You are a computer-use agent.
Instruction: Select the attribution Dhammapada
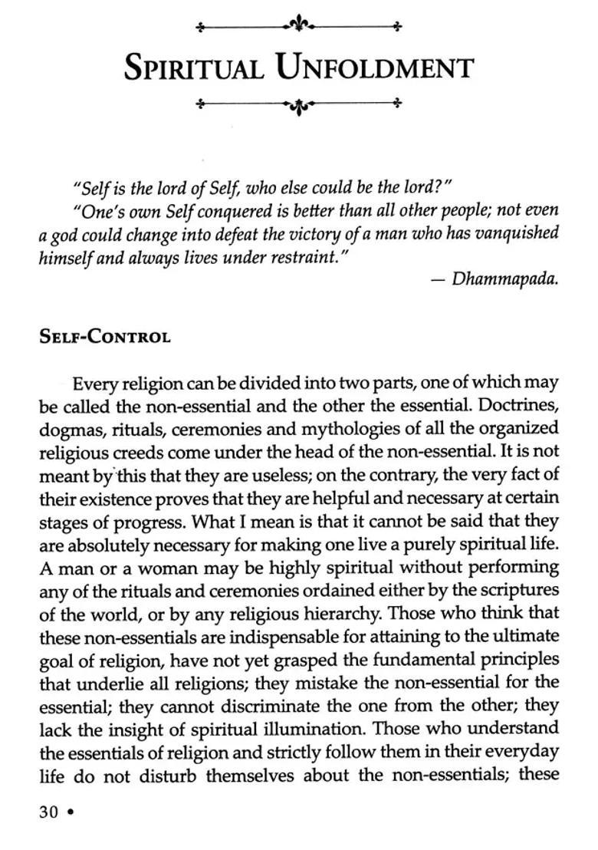pyautogui.click(x=504, y=278)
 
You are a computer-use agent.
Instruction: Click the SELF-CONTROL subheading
pyautogui.click(x=104, y=337)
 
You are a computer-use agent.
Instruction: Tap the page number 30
pyautogui.click(x=48, y=812)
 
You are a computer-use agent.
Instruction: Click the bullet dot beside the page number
pyautogui.click(x=71, y=812)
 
